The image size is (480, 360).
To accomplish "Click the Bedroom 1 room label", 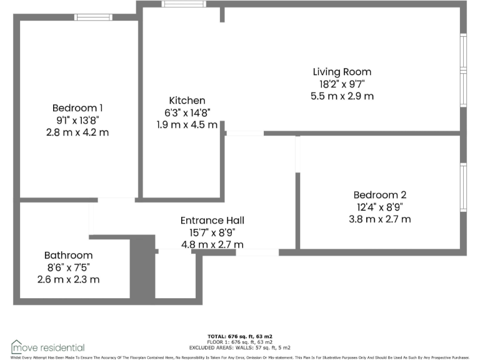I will coord(77,107).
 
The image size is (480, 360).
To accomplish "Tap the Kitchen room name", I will coord(187,101).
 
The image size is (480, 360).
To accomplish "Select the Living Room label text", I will coord(342,72).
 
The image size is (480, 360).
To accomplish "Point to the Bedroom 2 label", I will coord(379,194).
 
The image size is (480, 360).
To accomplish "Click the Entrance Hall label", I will coord(212,221).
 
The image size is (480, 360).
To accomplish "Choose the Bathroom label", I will coord(68,256).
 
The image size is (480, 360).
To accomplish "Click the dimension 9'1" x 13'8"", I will coord(77,120).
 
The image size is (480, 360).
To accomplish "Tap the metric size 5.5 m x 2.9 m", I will coord(342,96).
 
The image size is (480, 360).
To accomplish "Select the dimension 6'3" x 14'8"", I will coord(187,112).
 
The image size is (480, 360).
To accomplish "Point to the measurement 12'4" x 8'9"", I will coord(379,207).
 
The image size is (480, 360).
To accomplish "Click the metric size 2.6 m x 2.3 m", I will coord(68,279).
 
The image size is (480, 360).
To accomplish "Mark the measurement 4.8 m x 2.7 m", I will coord(212,244).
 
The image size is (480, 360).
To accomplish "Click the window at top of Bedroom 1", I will coord(93,17).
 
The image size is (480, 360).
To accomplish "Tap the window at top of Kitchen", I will coord(184,4).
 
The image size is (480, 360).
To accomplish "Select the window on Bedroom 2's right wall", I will coord(463,187).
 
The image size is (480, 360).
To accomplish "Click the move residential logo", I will coord(47,347).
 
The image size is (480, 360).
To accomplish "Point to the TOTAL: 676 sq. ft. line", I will coord(239,336).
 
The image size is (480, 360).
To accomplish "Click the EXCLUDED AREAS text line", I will coord(239,347).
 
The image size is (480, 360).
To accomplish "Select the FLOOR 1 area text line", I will coord(239,342).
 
